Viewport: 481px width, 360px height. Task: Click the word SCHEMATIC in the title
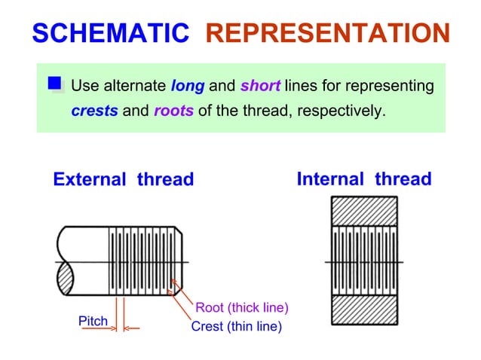(x=111, y=33)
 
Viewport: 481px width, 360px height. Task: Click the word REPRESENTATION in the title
(x=327, y=33)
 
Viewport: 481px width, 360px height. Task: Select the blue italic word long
(x=188, y=86)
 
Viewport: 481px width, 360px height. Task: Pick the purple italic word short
(x=260, y=86)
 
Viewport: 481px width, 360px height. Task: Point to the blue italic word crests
(x=94, y=111)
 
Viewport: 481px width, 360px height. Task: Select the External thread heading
(x=123, y=180)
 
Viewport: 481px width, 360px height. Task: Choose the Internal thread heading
(x=363, y=179)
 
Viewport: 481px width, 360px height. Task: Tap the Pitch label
(x=93, y=322)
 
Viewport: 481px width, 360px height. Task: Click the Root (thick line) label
(x=242, y=307)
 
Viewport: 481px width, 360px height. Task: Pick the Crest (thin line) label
(x=236, y=326)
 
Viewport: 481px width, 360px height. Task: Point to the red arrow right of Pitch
(x=132, y=328)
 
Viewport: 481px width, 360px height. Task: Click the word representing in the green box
(x=391, y=86)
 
